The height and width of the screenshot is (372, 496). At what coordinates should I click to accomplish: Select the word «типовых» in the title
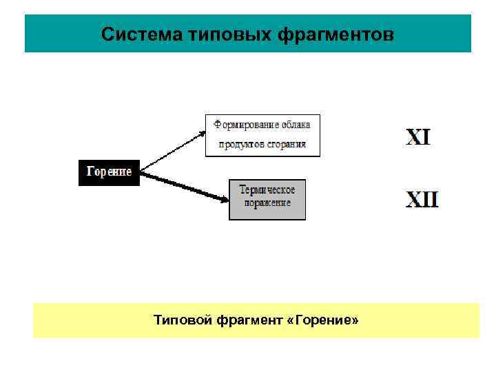click(x=210, y=34)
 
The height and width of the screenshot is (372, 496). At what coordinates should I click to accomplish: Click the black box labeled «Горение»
click(x=109, y=172)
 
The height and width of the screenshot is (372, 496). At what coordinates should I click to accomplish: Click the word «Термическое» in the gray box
click(x=267, y=189)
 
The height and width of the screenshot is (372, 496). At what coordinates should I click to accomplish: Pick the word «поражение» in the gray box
click(x=267, y=203)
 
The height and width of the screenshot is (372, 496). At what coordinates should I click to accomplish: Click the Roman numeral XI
click(x=418, y=136)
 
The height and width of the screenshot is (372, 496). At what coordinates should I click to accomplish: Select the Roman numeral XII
click(x=422, y=200)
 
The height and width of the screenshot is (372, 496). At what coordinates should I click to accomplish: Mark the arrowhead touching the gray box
click(x=224, y=199)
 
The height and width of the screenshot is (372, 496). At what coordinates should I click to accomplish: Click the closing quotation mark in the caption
click(x=355, y=320)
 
